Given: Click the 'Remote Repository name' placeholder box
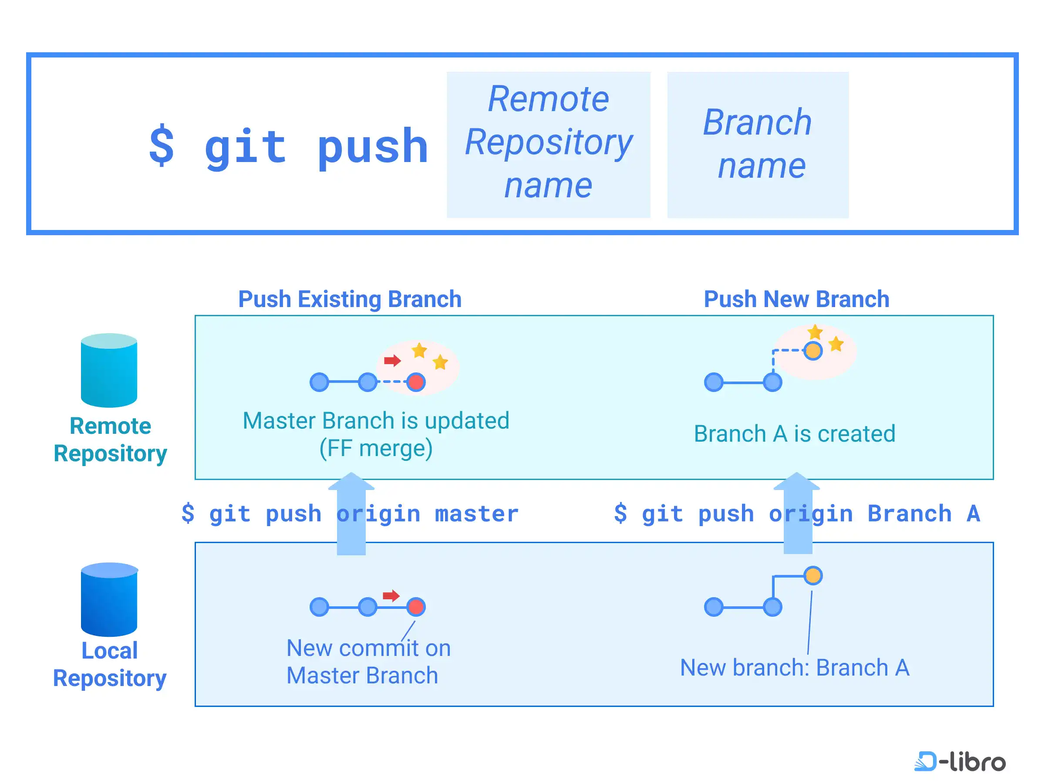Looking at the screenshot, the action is pyautogui.click(x=549, y=145).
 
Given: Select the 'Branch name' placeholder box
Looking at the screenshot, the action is pyautogui.click(x=758, y=145).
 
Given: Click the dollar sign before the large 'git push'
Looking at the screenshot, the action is pyautogui.click(x=162, y=145).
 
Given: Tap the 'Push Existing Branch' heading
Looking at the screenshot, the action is pyautogui.click(x=350, y=299).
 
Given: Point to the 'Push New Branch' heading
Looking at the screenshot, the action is pyautogui.click(x=796, y=299).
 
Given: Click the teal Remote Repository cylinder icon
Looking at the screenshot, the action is pyautogui.click(x=109, y=370).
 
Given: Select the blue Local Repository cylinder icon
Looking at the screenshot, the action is pyautogui.click(x=109, y=599).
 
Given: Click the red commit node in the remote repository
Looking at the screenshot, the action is pyautogui.click(x=416, y=382).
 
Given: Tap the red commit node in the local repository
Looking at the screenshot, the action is pyautogui.click(x=416, y=607).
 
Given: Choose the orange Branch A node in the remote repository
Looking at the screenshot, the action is pyautogui.click(x=813, y=351).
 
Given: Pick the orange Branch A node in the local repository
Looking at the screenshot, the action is pyautogui.click(x=813, y=576).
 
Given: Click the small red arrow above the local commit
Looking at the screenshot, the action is pyautogui.click(x=391, y=595).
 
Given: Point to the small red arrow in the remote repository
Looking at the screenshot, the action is pyautogui.click(x=392, y=361).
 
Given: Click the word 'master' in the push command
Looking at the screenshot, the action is pyautogui.click(x=477, y=514).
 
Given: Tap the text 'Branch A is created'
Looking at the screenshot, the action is pyautogui.click(x=795, y=433).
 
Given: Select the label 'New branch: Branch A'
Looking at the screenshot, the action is pyautogui.click(x=795, y=667).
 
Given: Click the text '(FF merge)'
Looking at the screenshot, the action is pyautogui.click(x=376, y=448).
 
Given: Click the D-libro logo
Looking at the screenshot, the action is pyautogui.click(x=960, y=761).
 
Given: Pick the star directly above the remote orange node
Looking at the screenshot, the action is pyautogui.click(x=816, y=332).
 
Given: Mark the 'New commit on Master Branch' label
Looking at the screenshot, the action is pyautogui.click(x=368, y=662).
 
